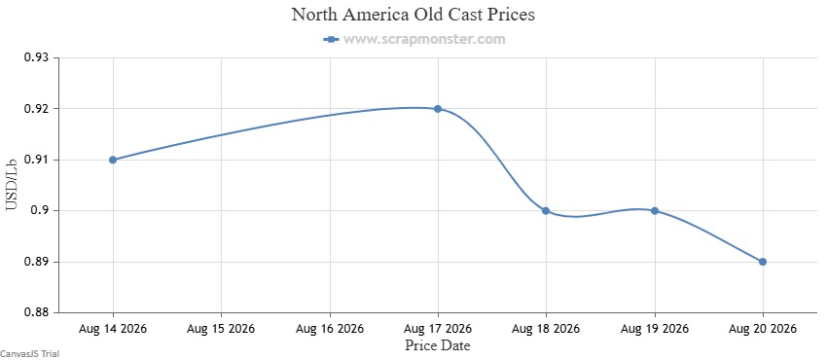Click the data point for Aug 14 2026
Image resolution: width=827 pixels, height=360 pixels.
point(113,160)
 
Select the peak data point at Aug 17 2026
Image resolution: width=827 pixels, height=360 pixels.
point(438,109)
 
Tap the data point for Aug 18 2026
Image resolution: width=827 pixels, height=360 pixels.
point(546,211)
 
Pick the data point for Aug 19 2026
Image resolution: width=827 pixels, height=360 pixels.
point(655,211)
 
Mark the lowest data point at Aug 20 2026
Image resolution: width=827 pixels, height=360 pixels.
point(763,262)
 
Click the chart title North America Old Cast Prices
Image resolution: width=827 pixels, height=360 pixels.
point(413,15)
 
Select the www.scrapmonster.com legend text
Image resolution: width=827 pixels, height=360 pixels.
point(424,39)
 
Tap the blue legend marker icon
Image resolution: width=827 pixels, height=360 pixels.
point(331,39)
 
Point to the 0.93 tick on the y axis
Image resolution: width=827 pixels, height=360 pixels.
point(37,57)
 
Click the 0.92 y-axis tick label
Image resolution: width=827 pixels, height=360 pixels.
point(37,109)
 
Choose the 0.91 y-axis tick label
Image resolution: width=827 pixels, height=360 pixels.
point(37,160)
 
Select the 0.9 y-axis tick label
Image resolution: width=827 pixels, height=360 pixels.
point(40,211)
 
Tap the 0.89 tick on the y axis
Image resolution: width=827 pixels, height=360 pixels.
point(37,262)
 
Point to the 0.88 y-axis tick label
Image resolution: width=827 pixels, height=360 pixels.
point(37,312)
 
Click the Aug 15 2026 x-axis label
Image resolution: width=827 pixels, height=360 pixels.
point(221,329)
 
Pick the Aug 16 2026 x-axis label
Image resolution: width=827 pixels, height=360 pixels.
point(330,329)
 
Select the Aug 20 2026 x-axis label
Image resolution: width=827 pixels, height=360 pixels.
point(763,329)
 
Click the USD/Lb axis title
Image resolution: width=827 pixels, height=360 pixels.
point(12,185)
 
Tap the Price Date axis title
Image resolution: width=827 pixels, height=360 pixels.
point(438,345)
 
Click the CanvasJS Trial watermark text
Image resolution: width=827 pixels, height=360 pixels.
point(29,354)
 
